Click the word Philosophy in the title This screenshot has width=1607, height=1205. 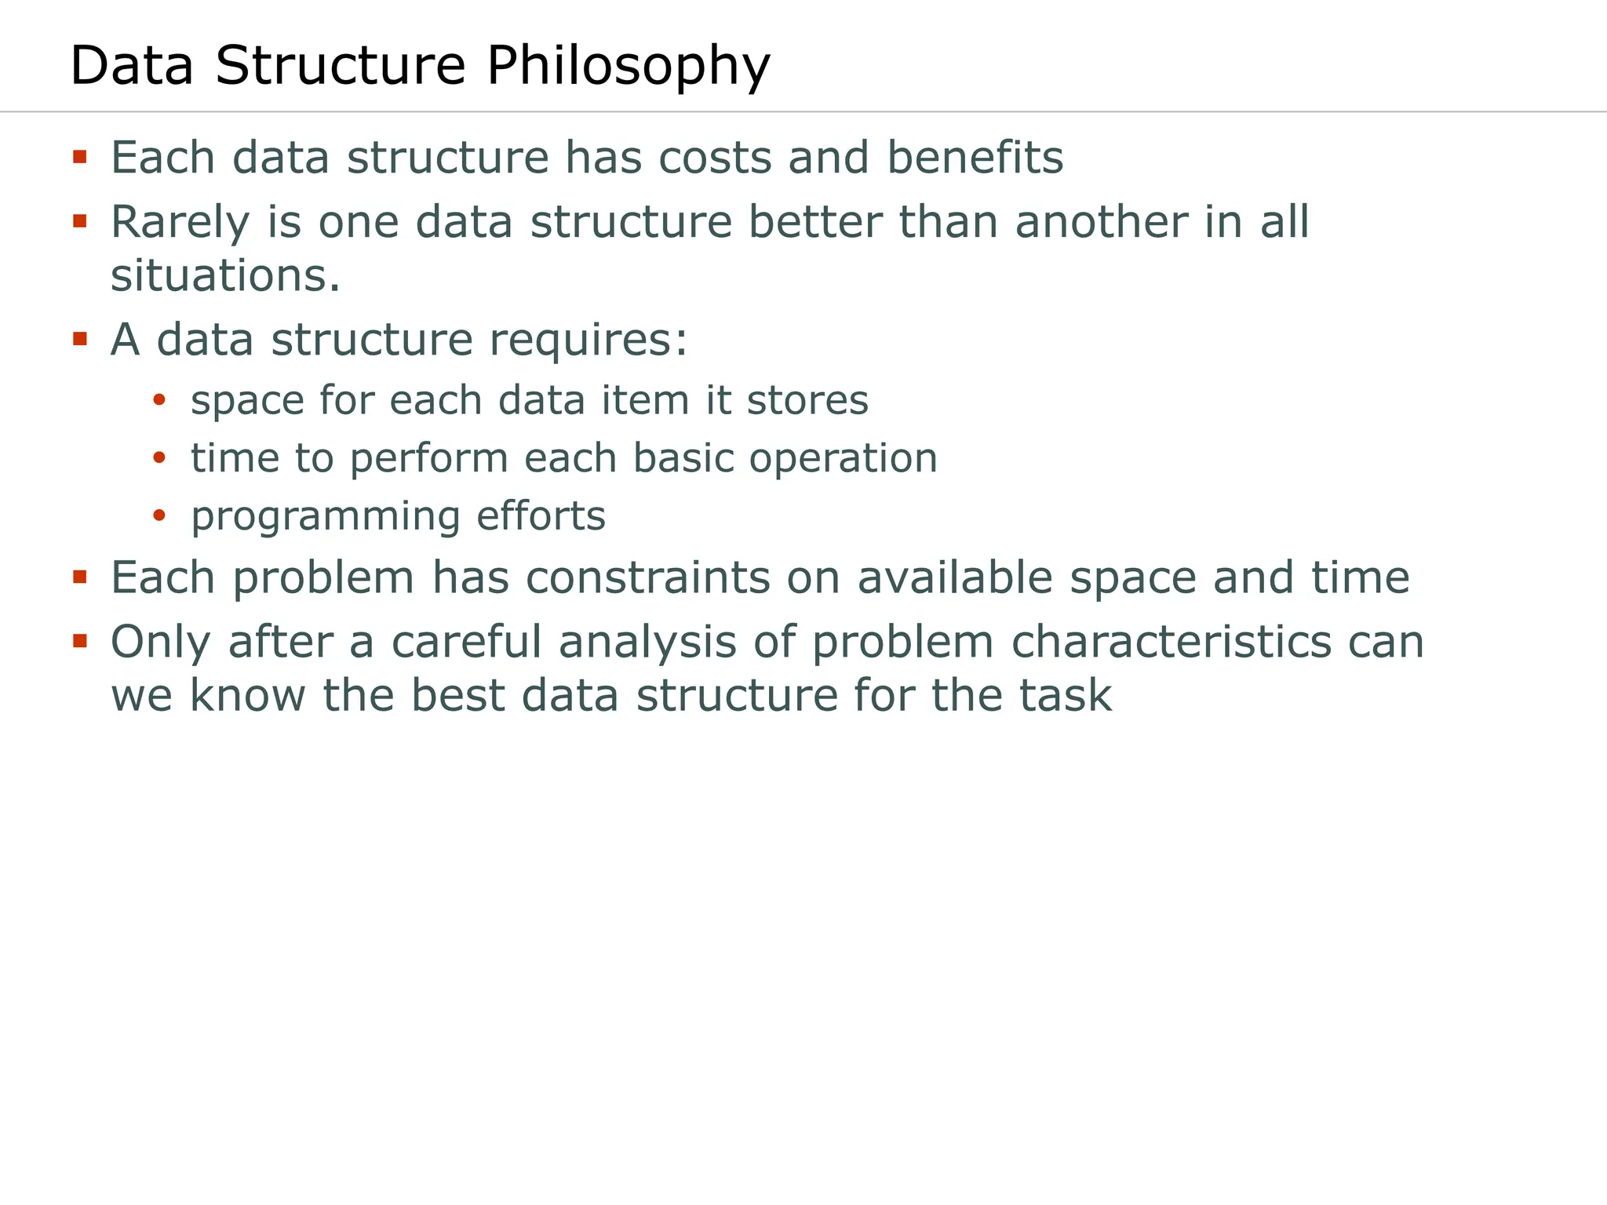point(628,66)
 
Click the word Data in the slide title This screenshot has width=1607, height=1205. point(132,66)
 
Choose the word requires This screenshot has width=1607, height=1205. point(588,340)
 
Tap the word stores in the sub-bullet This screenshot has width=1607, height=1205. point(807,400)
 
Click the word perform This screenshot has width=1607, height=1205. point(429,459)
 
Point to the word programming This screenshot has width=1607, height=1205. point(326,517)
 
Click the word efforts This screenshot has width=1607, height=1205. point(541,516)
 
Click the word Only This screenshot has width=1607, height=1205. point(161,643)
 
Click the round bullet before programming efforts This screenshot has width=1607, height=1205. point(159,515)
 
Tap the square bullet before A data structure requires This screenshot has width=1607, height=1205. point(79,339)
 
